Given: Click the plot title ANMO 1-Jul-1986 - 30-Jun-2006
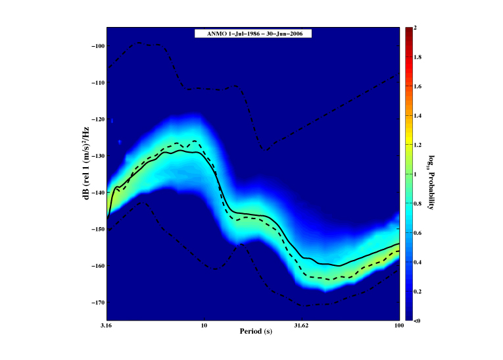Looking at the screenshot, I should (x=252, y=33).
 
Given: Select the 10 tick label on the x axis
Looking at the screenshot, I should (x=204, y=326).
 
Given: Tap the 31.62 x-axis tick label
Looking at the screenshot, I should (x=301, y=326).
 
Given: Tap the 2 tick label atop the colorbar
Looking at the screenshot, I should (x=416, y=28).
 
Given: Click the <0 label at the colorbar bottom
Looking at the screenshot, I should (x=418, y=321).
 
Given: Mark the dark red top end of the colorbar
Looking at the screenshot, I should (x=408, y=30).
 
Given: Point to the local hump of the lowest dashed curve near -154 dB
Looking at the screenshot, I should (x=241, y=244).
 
